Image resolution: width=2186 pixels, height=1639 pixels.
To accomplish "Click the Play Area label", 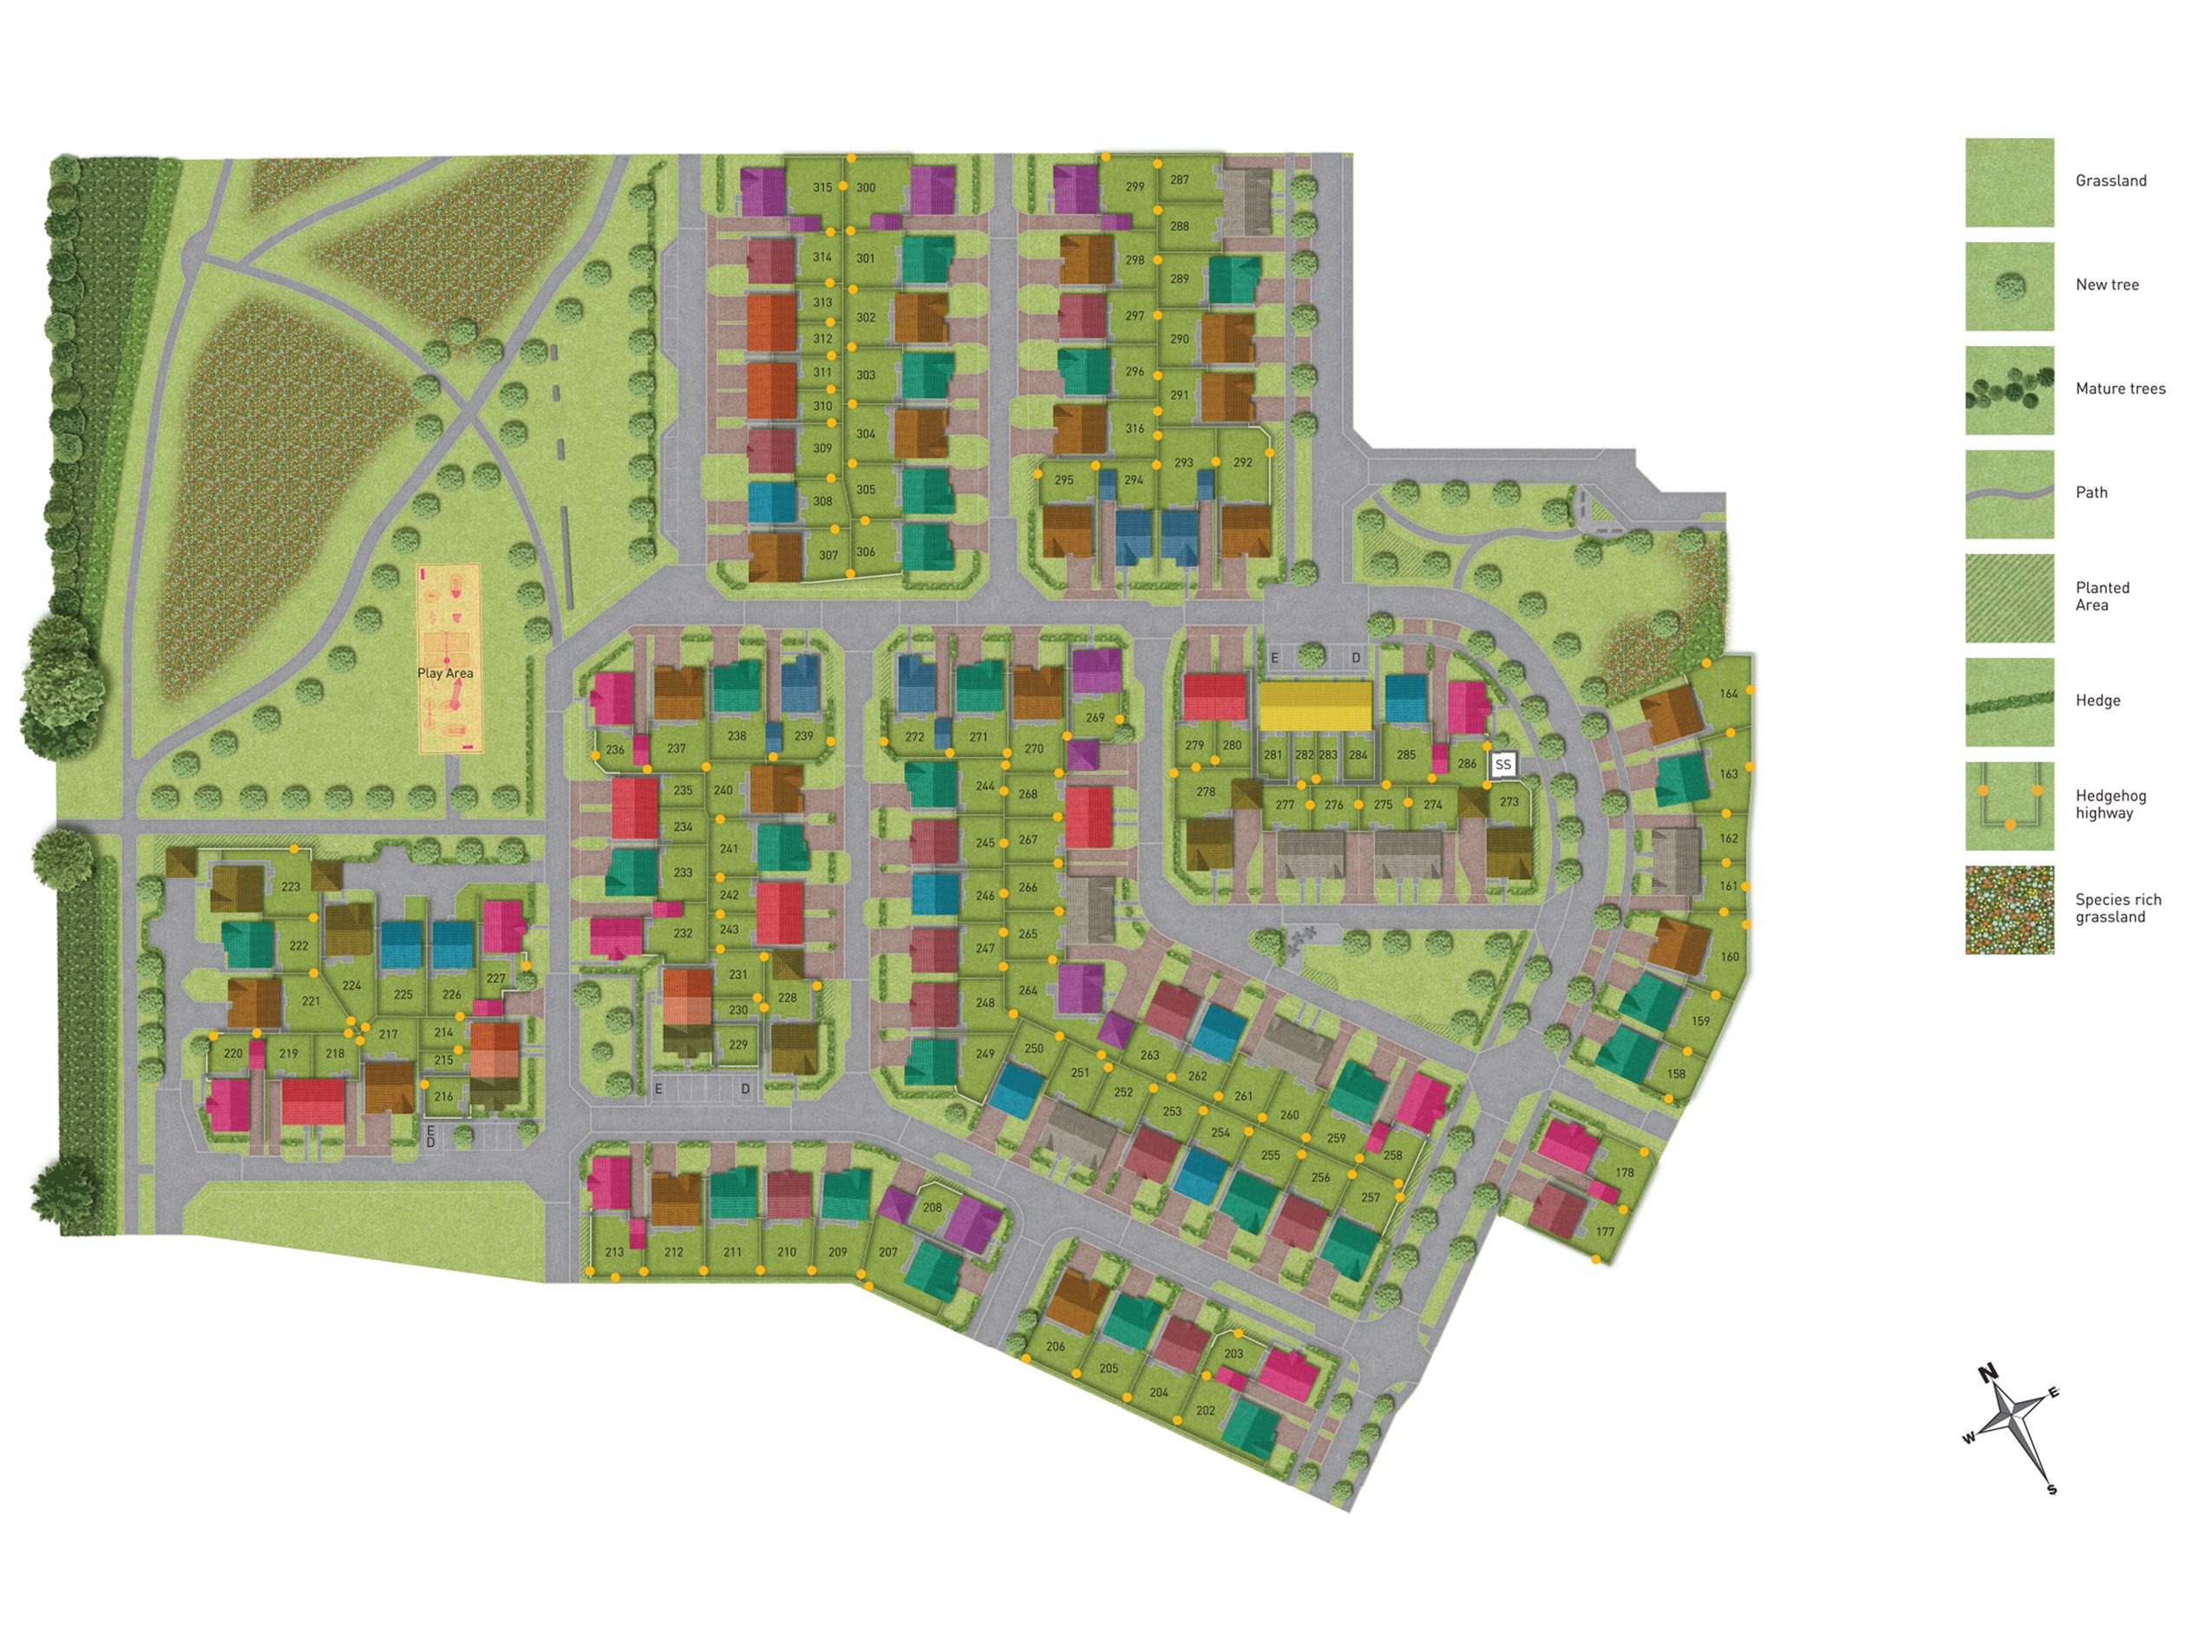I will coord(445,673).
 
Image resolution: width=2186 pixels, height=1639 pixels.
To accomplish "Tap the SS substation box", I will coord(1503,765).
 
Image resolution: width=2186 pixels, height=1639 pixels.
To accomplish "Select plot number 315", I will coord(822,187).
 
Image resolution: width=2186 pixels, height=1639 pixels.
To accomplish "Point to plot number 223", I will coord(291,886).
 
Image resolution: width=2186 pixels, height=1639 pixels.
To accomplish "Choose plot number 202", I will coord(1206,1411).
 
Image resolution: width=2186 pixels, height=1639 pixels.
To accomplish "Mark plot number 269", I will coord(1095,718).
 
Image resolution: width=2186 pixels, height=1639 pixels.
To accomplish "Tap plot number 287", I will coord(1179,180).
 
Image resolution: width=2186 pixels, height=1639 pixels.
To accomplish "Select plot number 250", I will coord(1034,1048).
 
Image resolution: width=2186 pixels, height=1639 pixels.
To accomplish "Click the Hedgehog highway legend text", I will coord(2110,804).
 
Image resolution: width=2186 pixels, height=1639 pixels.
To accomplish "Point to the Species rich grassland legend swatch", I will coord(2009,910).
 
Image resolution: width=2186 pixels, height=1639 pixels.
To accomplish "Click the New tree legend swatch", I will coord(2009,286).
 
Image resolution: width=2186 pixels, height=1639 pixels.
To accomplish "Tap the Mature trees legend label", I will coord(2120,389).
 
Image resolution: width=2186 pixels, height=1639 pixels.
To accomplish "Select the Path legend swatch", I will coord(2009,494).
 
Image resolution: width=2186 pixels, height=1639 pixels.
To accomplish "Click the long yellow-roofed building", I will coord(1314,705).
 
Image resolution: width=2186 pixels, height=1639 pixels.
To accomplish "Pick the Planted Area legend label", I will coord(2102,596).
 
